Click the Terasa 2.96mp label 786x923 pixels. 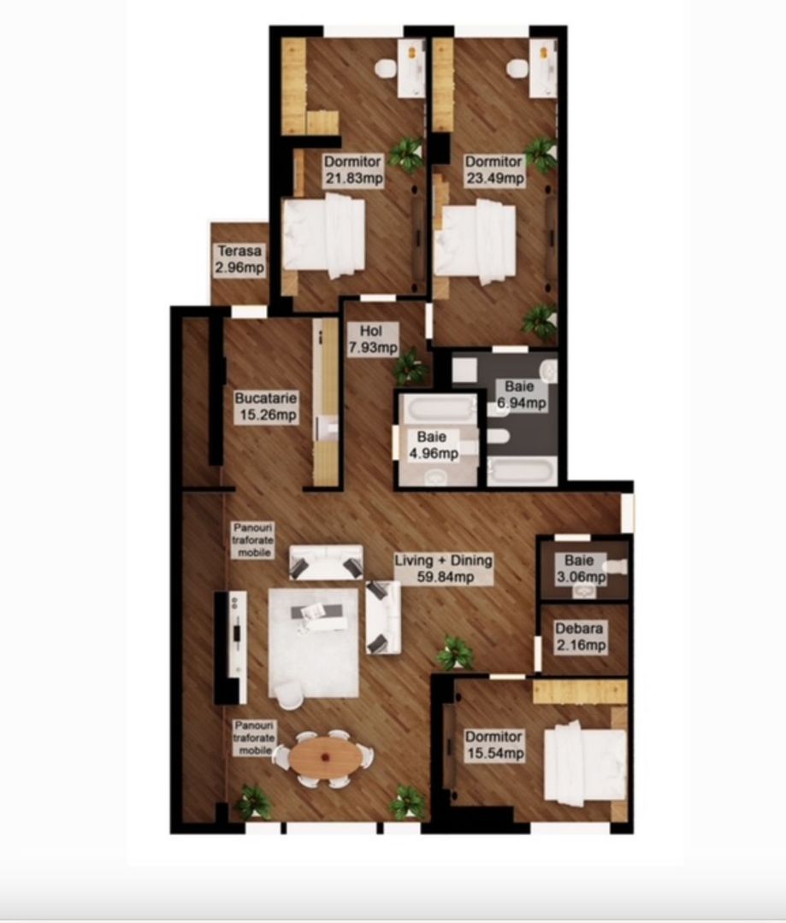pos(239,260)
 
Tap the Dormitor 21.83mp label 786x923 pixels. pos(352,170)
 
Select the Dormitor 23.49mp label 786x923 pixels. pos(493,170)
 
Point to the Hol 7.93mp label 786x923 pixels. pos(372,338)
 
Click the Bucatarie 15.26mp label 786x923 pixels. pos(266,406)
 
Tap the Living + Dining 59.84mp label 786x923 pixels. pos(443,568)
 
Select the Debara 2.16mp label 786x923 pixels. pos(580,637)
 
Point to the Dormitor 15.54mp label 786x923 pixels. pos(493,744)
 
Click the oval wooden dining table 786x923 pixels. pos(324,756)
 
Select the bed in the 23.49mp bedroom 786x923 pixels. pos(476,242)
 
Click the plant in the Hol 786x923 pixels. pos(410,367)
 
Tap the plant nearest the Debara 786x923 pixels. pos(456,653)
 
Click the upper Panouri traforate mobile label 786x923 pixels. pos(252,540)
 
